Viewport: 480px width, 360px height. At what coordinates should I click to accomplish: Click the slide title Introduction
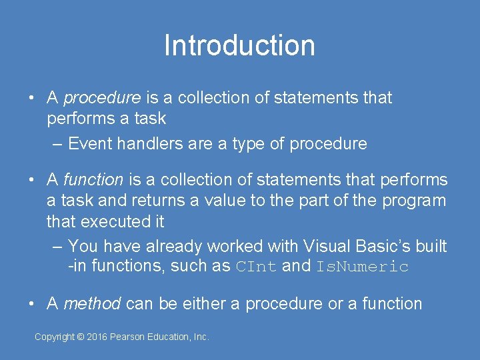pyautogui.click(x=239, y=46)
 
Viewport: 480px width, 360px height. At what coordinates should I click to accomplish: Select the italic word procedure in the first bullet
pyautogui.click(x=102, y=98)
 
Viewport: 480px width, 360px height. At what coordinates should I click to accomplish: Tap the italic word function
pyautogui.click(x=93, y=180)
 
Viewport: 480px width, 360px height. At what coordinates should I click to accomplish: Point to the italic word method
pyautogui.click(x=92, y=304)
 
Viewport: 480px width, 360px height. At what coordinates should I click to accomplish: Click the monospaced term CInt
pyautogui.click(x=257, y=267)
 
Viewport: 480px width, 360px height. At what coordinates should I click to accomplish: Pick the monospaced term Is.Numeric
pyautogui.click(x=362, y=267)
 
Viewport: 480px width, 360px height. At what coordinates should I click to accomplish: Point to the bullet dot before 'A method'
pyautogui.click(x=32, y=304)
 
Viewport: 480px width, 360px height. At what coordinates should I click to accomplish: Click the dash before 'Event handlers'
pyautogui.click(x=57, y=143)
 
